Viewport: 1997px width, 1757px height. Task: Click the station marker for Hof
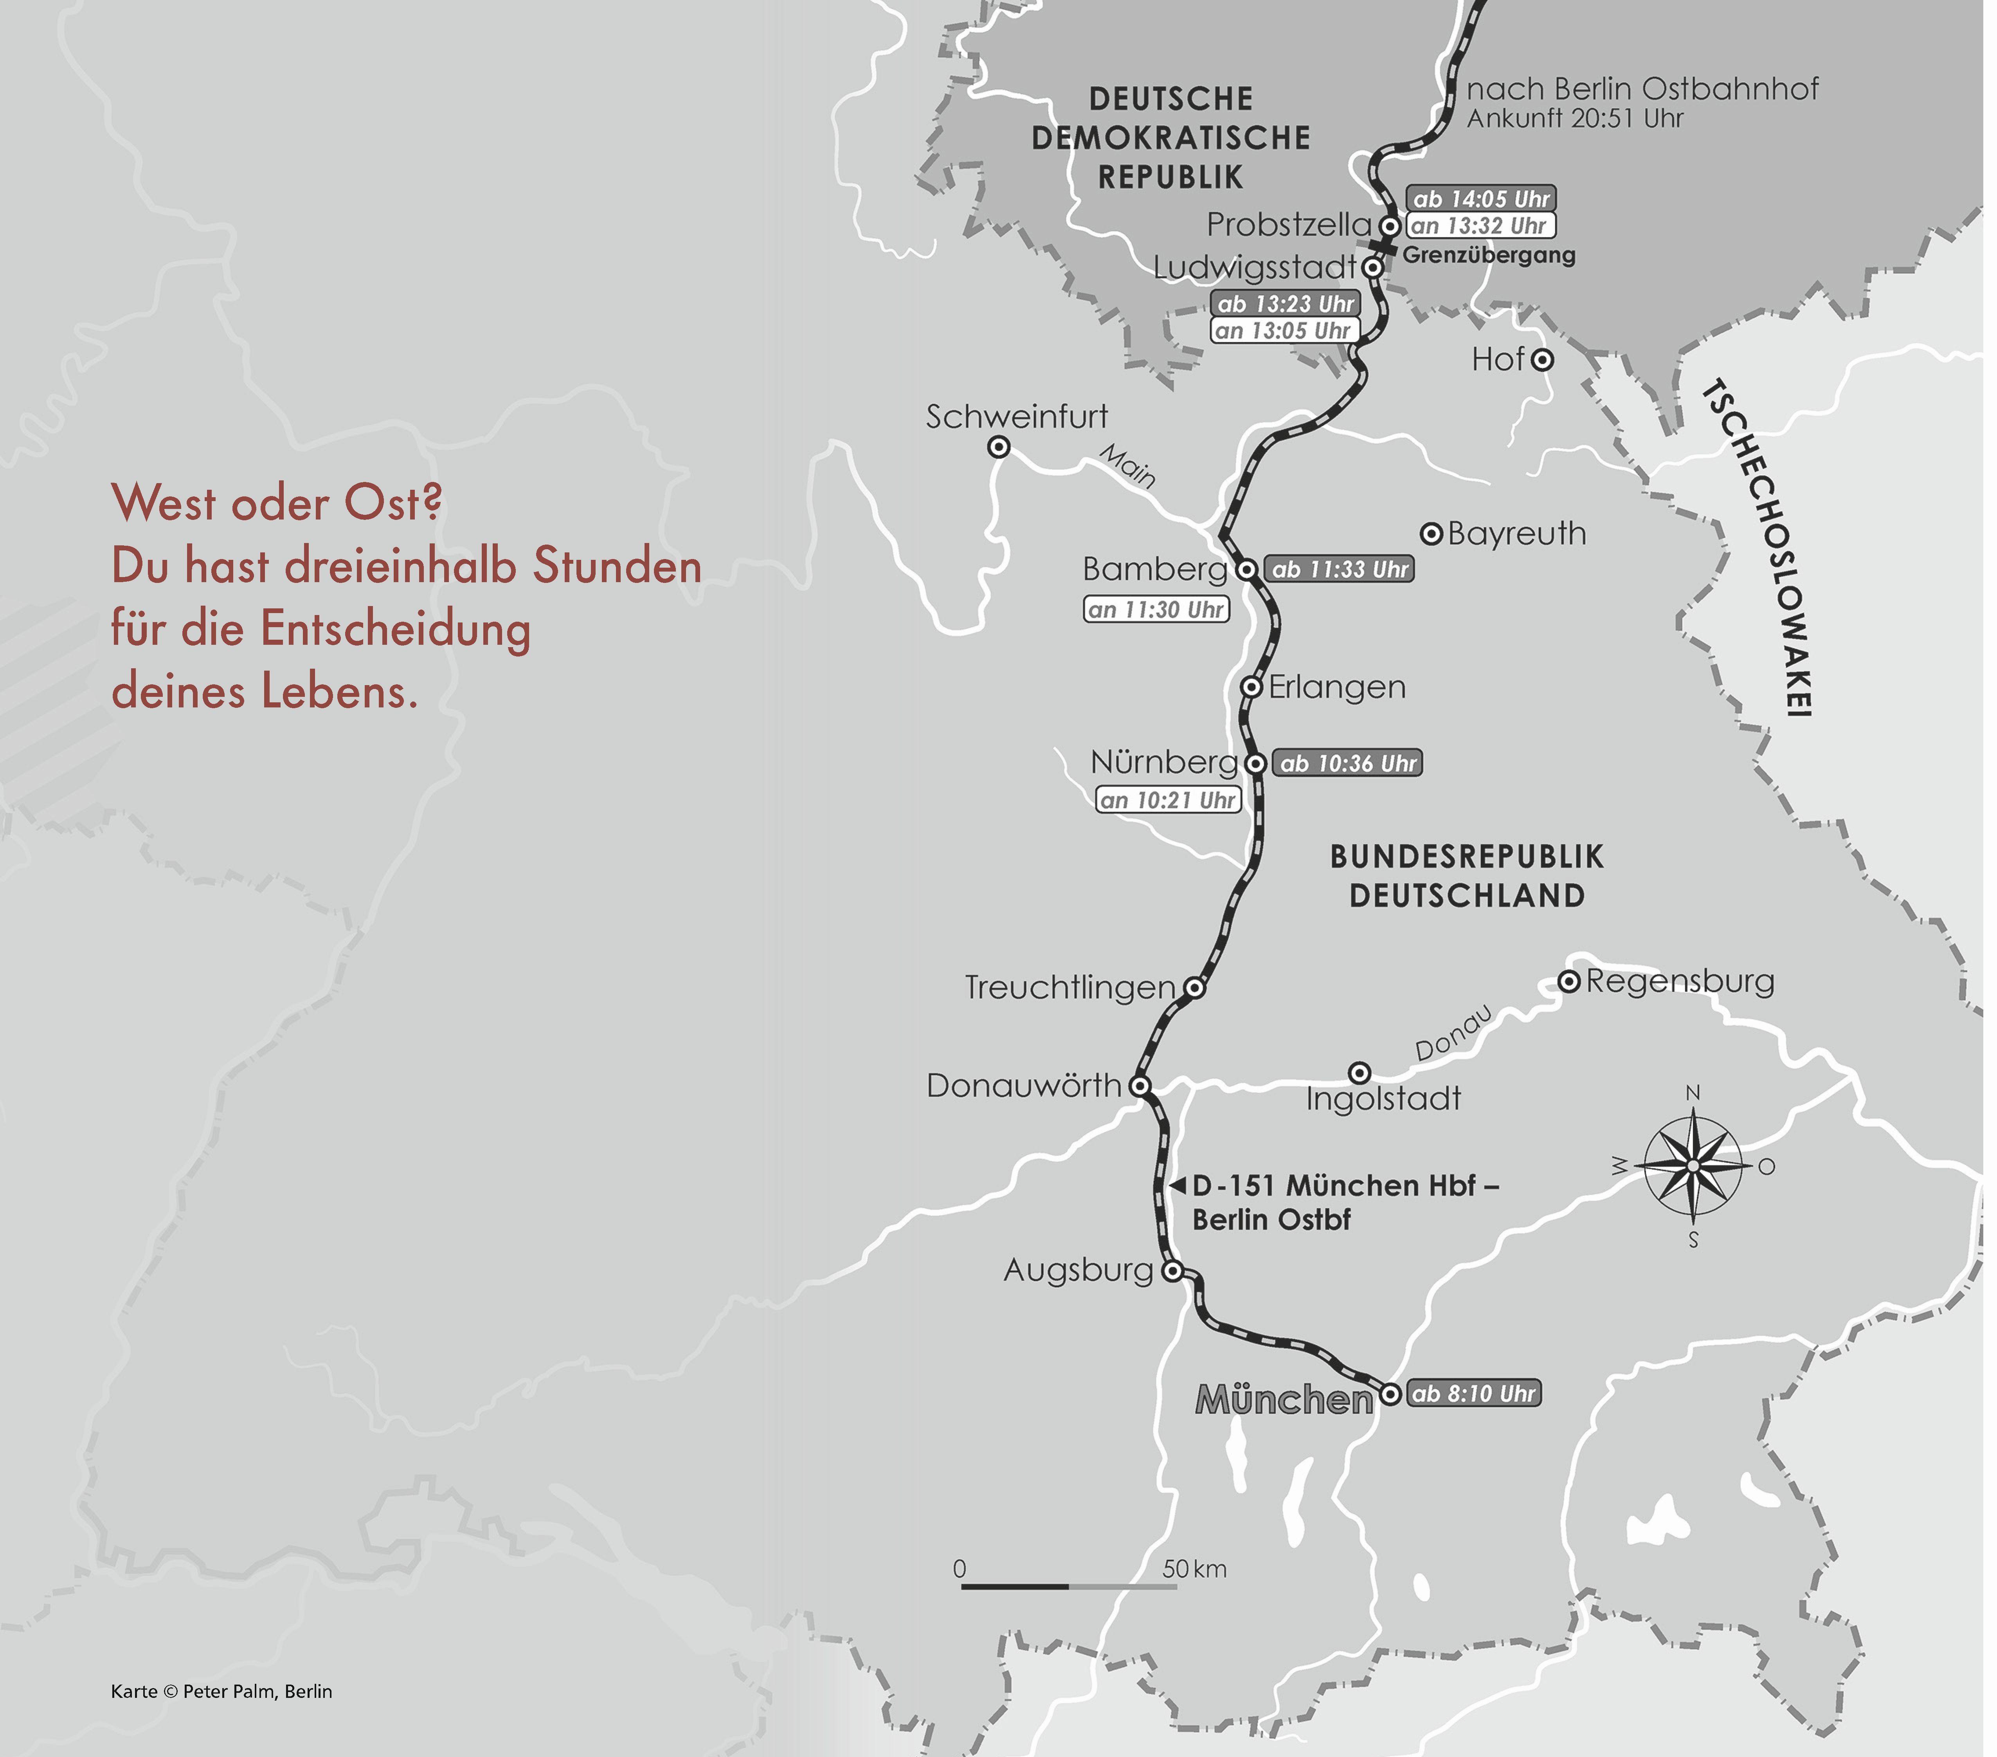(x=1542, y=360)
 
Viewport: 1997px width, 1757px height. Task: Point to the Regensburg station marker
(x=1568, y=981)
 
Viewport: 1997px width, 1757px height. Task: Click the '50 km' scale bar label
(x=1194, y=1568)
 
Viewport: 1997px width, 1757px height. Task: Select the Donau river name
(x=1454, y=1033)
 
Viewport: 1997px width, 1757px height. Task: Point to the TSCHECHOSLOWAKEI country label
(x=1770, y=547)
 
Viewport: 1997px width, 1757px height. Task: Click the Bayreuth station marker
(x=1431, y=534)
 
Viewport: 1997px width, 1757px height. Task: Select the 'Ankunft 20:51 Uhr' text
(x=1575, y=118)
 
